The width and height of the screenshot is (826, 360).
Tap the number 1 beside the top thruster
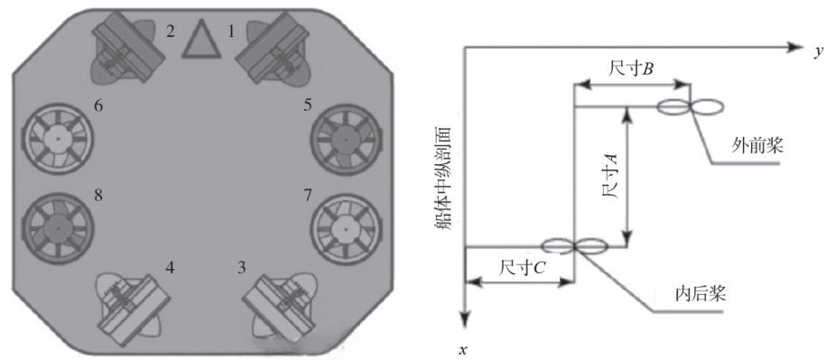pos(231,32)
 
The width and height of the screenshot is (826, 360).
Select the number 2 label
pos(170,32)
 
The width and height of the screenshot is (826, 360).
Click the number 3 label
pos(241,268)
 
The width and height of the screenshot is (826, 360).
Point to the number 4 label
pos(170,268)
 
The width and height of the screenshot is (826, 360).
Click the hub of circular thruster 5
pos(345,140)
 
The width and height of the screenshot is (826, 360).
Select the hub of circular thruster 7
pos(345,229)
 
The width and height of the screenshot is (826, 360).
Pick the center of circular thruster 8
pos(58,229)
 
